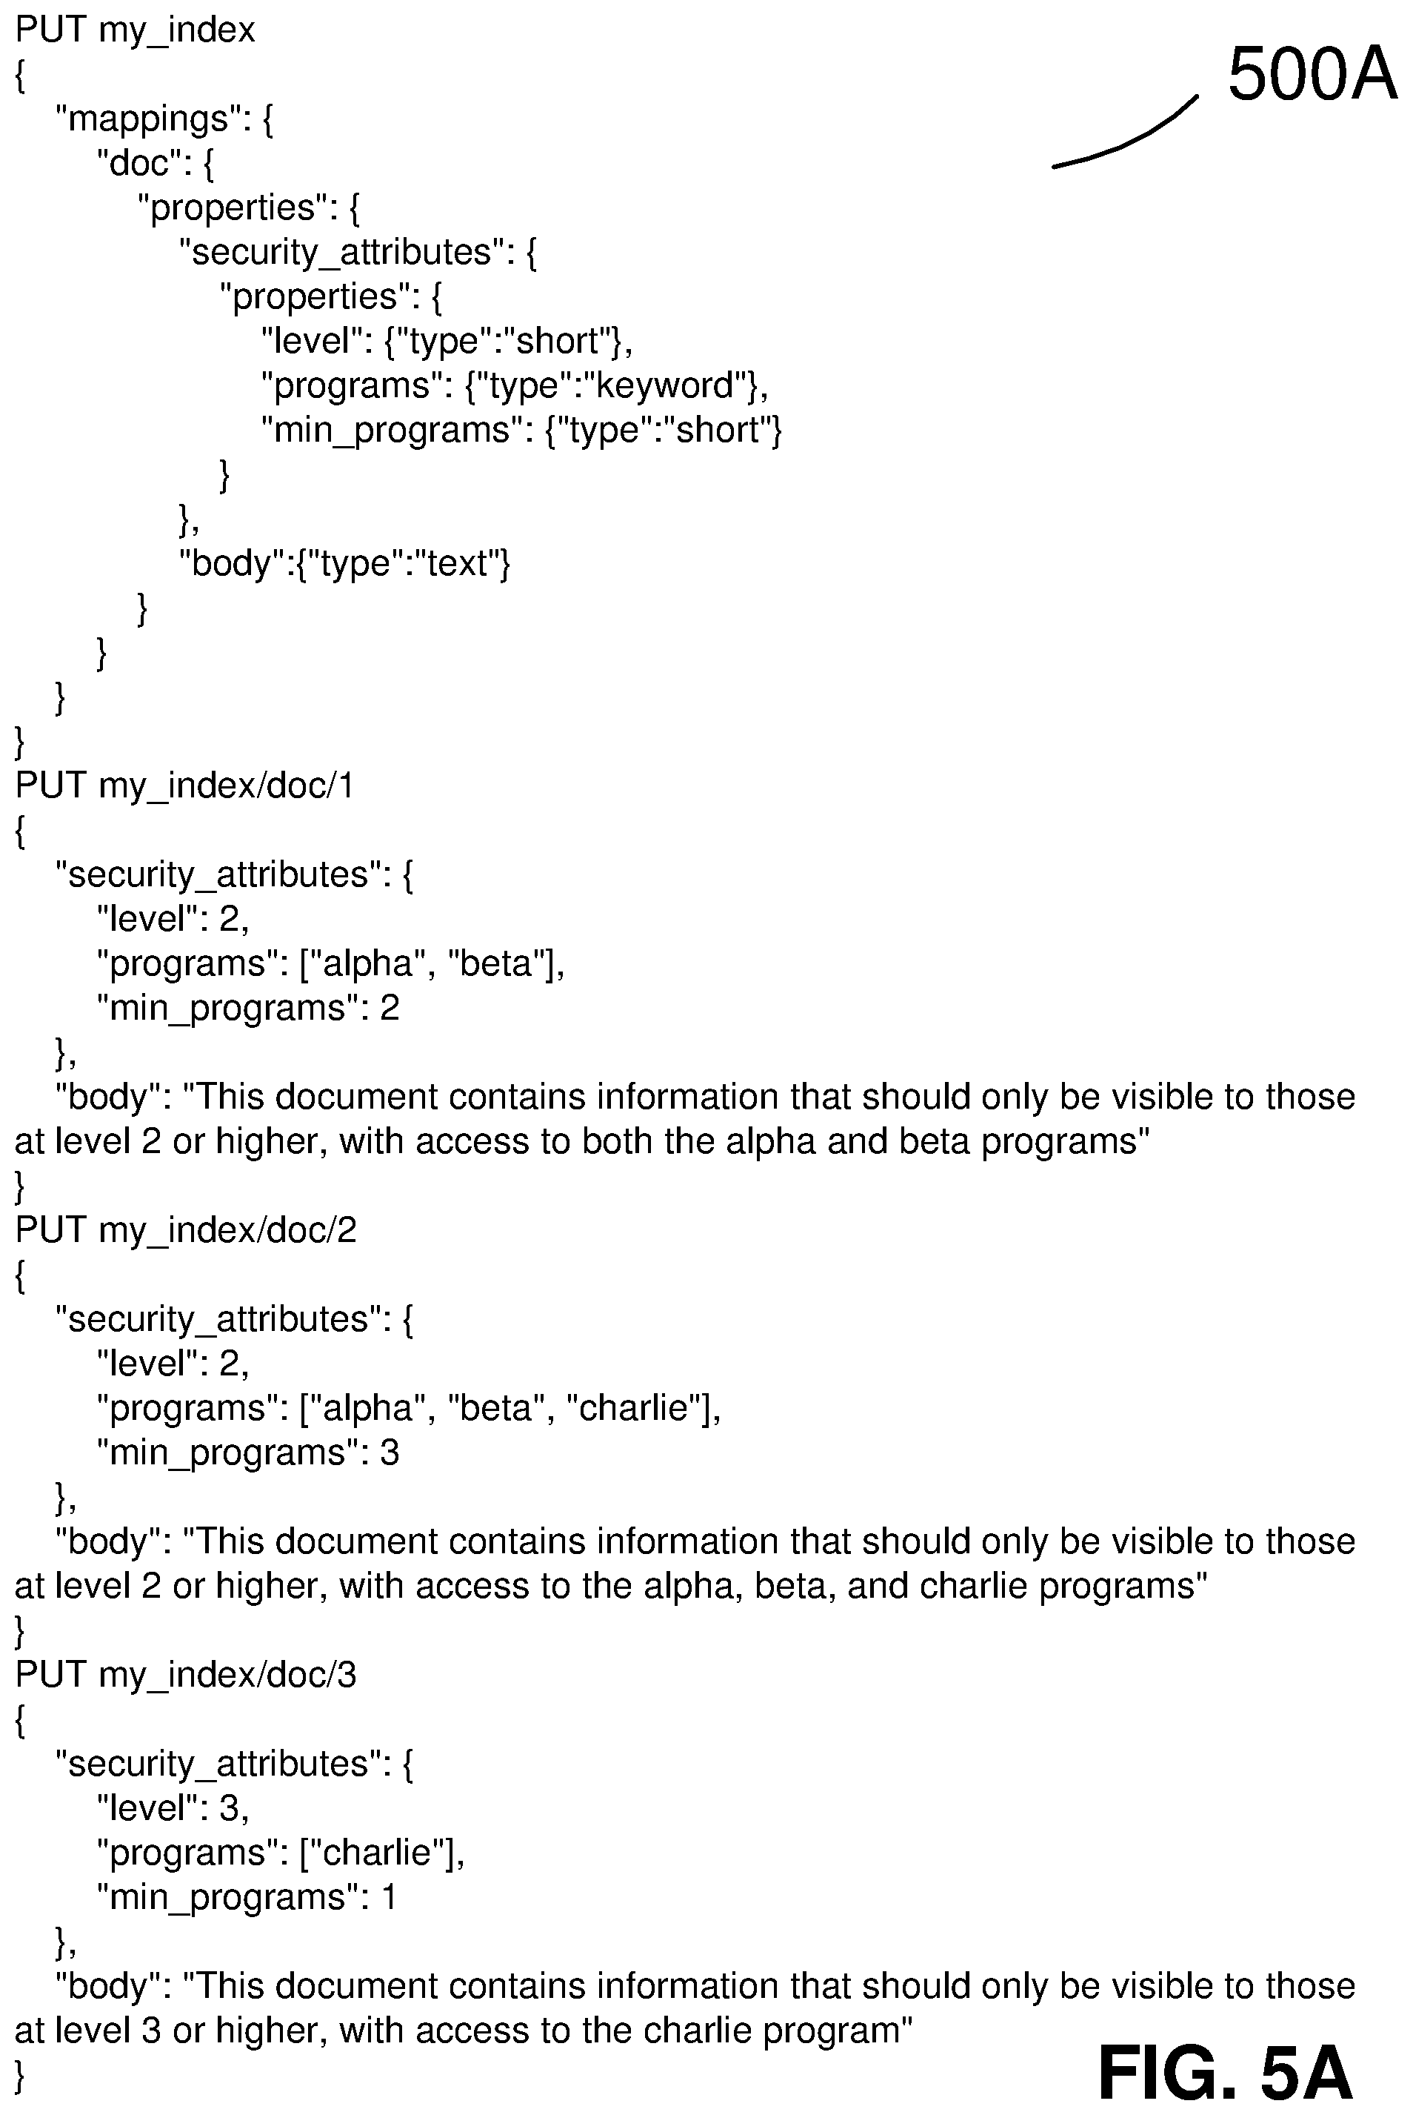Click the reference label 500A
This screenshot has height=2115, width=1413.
(x=1312, y=75)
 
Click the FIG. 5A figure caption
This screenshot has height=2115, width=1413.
(x=1226, y=2073)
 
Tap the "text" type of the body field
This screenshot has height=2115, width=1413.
(x=457, y=562)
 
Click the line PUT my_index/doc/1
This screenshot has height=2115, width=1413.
(x=184, y=786)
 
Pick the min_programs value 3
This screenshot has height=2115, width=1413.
(x=390, y=1452)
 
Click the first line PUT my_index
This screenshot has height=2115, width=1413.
(x=136, y=30)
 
